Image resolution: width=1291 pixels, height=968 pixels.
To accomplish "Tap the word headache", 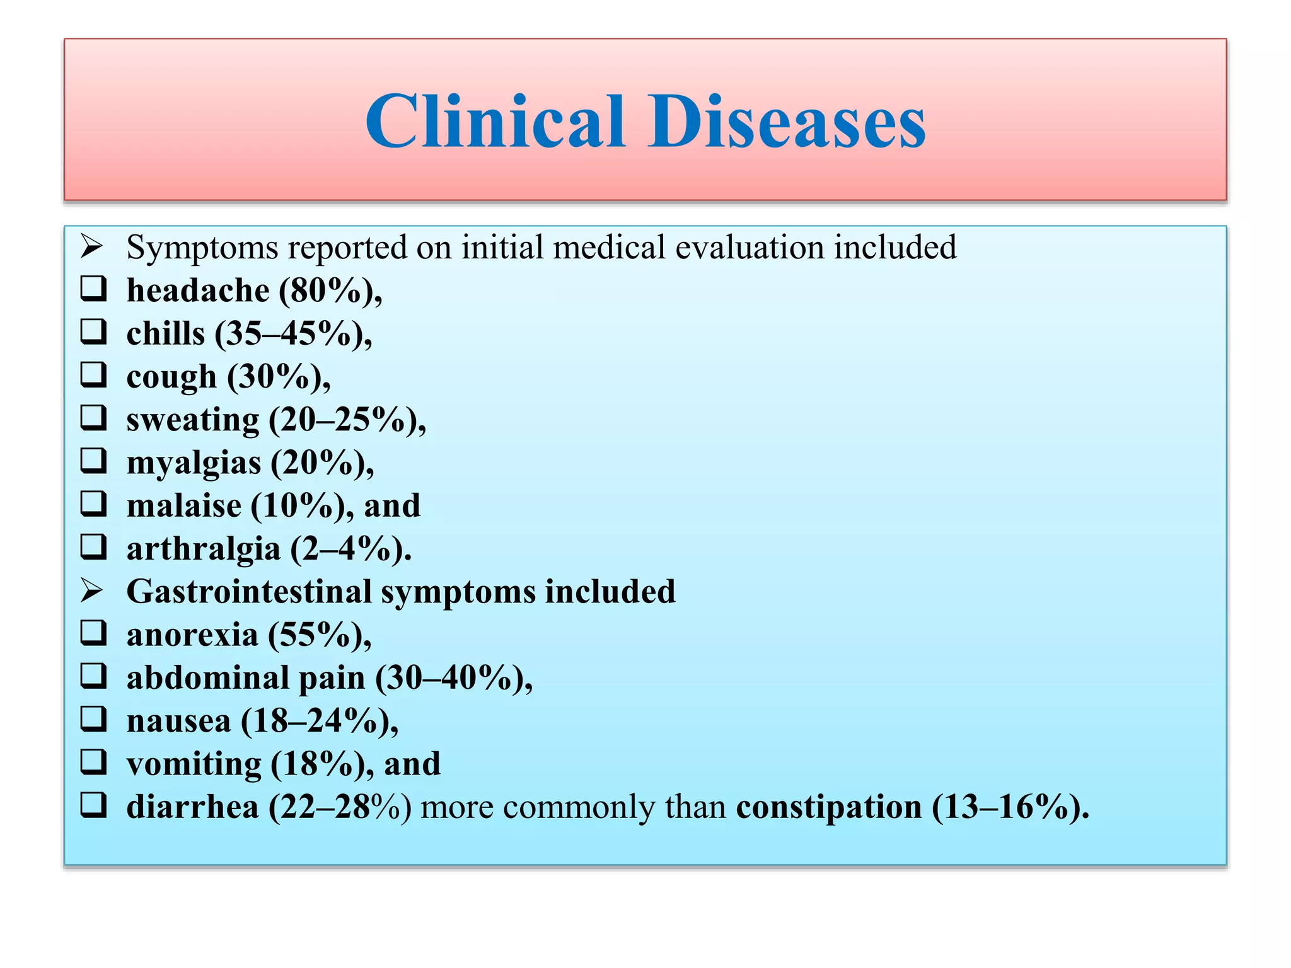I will tap(198, 291).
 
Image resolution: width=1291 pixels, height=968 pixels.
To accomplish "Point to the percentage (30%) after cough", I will tap(278, 377).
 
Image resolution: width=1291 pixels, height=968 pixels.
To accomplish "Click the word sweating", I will tap(193, 420).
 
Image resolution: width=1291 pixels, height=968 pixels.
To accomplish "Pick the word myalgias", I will tap(194, 463).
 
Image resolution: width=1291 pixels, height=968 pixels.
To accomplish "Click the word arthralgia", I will tap(203, 549).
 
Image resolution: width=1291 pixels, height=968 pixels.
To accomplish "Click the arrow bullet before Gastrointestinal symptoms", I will tap(92, 591).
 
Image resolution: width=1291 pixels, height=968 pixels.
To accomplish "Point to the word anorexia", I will tap(192, 635).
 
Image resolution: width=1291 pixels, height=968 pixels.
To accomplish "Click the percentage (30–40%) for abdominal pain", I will tap(453, 678).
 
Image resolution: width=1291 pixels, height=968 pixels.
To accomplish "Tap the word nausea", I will tap(178, 721).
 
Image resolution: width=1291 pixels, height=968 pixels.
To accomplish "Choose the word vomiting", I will tap(194, 764).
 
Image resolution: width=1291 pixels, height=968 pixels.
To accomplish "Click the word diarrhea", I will tap(192, 807).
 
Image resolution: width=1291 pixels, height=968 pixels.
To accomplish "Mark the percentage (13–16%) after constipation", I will tap(1010, 807).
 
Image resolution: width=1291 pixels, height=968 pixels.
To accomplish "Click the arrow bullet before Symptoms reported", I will tap(92, 246).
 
